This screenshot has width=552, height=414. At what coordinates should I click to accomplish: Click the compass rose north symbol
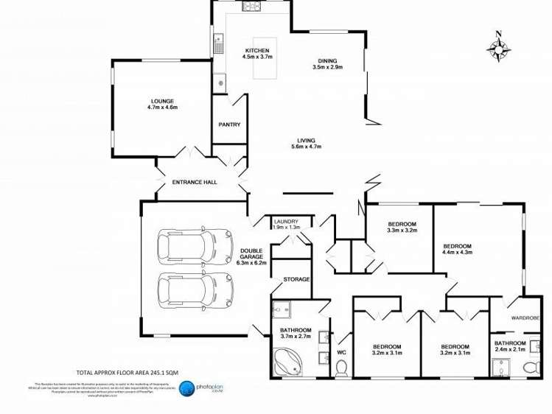click(x=499, y=48)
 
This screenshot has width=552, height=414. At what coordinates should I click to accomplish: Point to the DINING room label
click(x=328, y=61)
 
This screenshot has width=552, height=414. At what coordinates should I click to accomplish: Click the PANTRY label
click(x=229, y=124)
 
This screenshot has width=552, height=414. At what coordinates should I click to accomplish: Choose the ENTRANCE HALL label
click(x=194, y=182)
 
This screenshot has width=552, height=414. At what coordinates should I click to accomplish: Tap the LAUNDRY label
click(x=286, y=221)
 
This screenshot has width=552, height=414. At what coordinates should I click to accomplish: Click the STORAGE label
click(x=297, y=279)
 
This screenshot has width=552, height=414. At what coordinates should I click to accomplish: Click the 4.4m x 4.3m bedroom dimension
click(x=457, y=252)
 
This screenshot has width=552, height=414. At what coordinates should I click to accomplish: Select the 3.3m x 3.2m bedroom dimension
click(x=402, y=231)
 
